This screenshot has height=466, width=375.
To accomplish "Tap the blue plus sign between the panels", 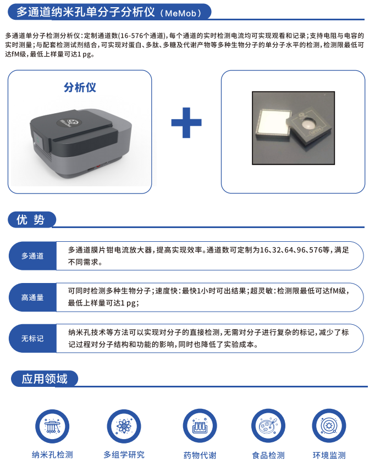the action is tap(186, 123).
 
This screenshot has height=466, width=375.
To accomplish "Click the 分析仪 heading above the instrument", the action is tap(80, 87).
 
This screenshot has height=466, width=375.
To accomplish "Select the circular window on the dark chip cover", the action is tap(308, 123).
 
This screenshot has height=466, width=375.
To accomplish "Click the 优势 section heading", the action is tap(30, 220).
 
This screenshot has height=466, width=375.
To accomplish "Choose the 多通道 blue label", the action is tap(32, 256).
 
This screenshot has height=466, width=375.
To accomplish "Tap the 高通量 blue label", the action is tap(32, 297).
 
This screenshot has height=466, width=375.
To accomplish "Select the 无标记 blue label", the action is tap(32, 338).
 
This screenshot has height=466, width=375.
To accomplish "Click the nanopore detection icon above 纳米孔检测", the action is tap(52, 426).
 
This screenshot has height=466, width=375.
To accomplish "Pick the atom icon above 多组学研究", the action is tap(124, 426).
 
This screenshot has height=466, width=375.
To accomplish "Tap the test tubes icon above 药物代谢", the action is tap(200, 426).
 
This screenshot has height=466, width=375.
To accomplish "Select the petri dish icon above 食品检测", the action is tap(268, 426).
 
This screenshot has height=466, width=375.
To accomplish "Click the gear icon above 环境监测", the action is tap(329, 426).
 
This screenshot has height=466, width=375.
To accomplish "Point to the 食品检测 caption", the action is tap(268, 456).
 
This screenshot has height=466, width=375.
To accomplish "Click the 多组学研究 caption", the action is tap(124, 454).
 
